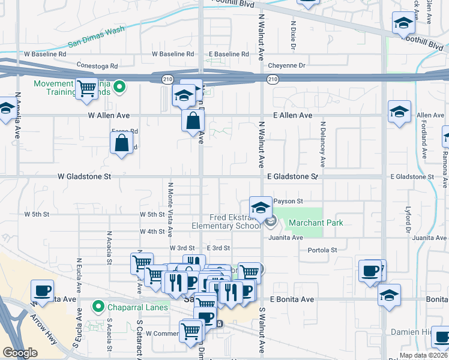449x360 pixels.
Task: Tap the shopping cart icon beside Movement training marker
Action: [x=88, y=88]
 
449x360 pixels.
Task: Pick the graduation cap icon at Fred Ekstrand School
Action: [x=261, y=207]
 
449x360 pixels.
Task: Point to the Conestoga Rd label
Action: [x=97, y=65]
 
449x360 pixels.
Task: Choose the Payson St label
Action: [x=290, y=201]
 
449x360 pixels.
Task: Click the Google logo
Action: [x=20, y=353]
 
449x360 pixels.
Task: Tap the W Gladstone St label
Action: [x=85, y=177]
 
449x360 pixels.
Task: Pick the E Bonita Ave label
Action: [x=292, y=299]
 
